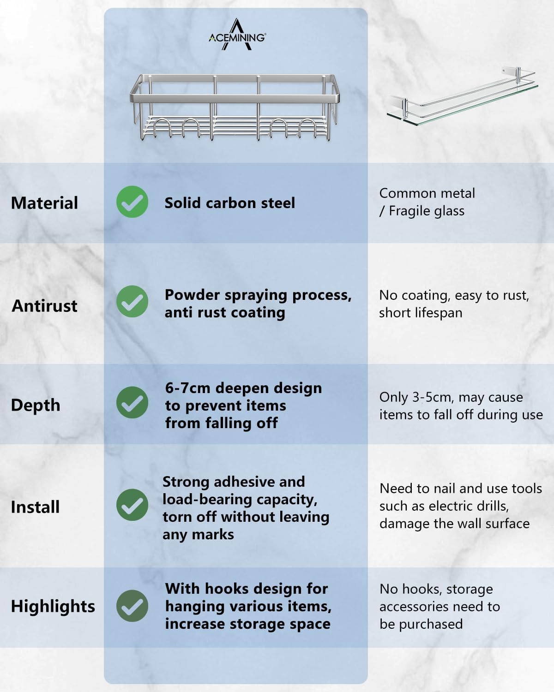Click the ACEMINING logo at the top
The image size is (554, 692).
click(237, 36)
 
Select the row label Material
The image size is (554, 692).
click(44, 203)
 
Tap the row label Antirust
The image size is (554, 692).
click(44, 306)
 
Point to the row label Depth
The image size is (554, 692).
click(36, 405)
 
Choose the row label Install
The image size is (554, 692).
click(35, 507)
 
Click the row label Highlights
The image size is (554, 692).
click(53, 606)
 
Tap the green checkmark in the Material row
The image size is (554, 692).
click(132, 202)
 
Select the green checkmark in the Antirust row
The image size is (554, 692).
click(132, 301)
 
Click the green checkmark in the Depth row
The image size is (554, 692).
click(132, 403)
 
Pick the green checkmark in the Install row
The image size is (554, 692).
click(132, 505)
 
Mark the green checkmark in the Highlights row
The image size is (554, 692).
click(132, 606)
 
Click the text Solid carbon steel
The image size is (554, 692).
click(229, 203)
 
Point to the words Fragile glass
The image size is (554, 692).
click(427, 211)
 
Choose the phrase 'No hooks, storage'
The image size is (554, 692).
click(436, 589)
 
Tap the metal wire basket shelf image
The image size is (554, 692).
click(235, 107)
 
